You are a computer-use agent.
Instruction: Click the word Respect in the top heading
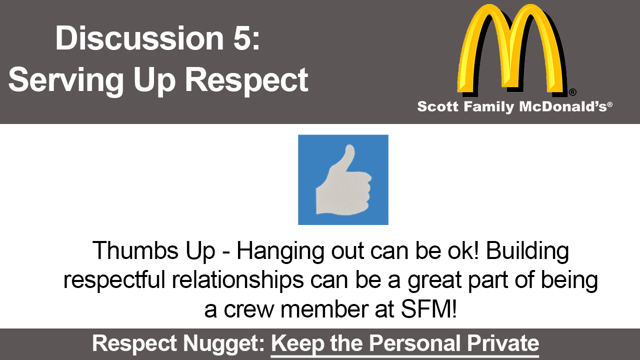pyautogui.click(x=247, y=80)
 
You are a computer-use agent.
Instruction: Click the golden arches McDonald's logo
pyautogui.click(x=511, y=48)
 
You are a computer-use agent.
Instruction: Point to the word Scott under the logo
pyautogui.click(x=437, y=106)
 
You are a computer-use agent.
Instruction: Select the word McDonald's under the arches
pyautogui.click(x=562, y=106)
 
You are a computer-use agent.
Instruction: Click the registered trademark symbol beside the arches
pyautogui.click(x=572, y=92)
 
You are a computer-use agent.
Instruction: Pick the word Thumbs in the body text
pyautogui.click(x=135, y=250)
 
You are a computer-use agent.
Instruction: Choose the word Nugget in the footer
pyautogui.click(x=223, y=343)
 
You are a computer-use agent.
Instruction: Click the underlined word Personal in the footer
pyautogui.click(x=414, y=343)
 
